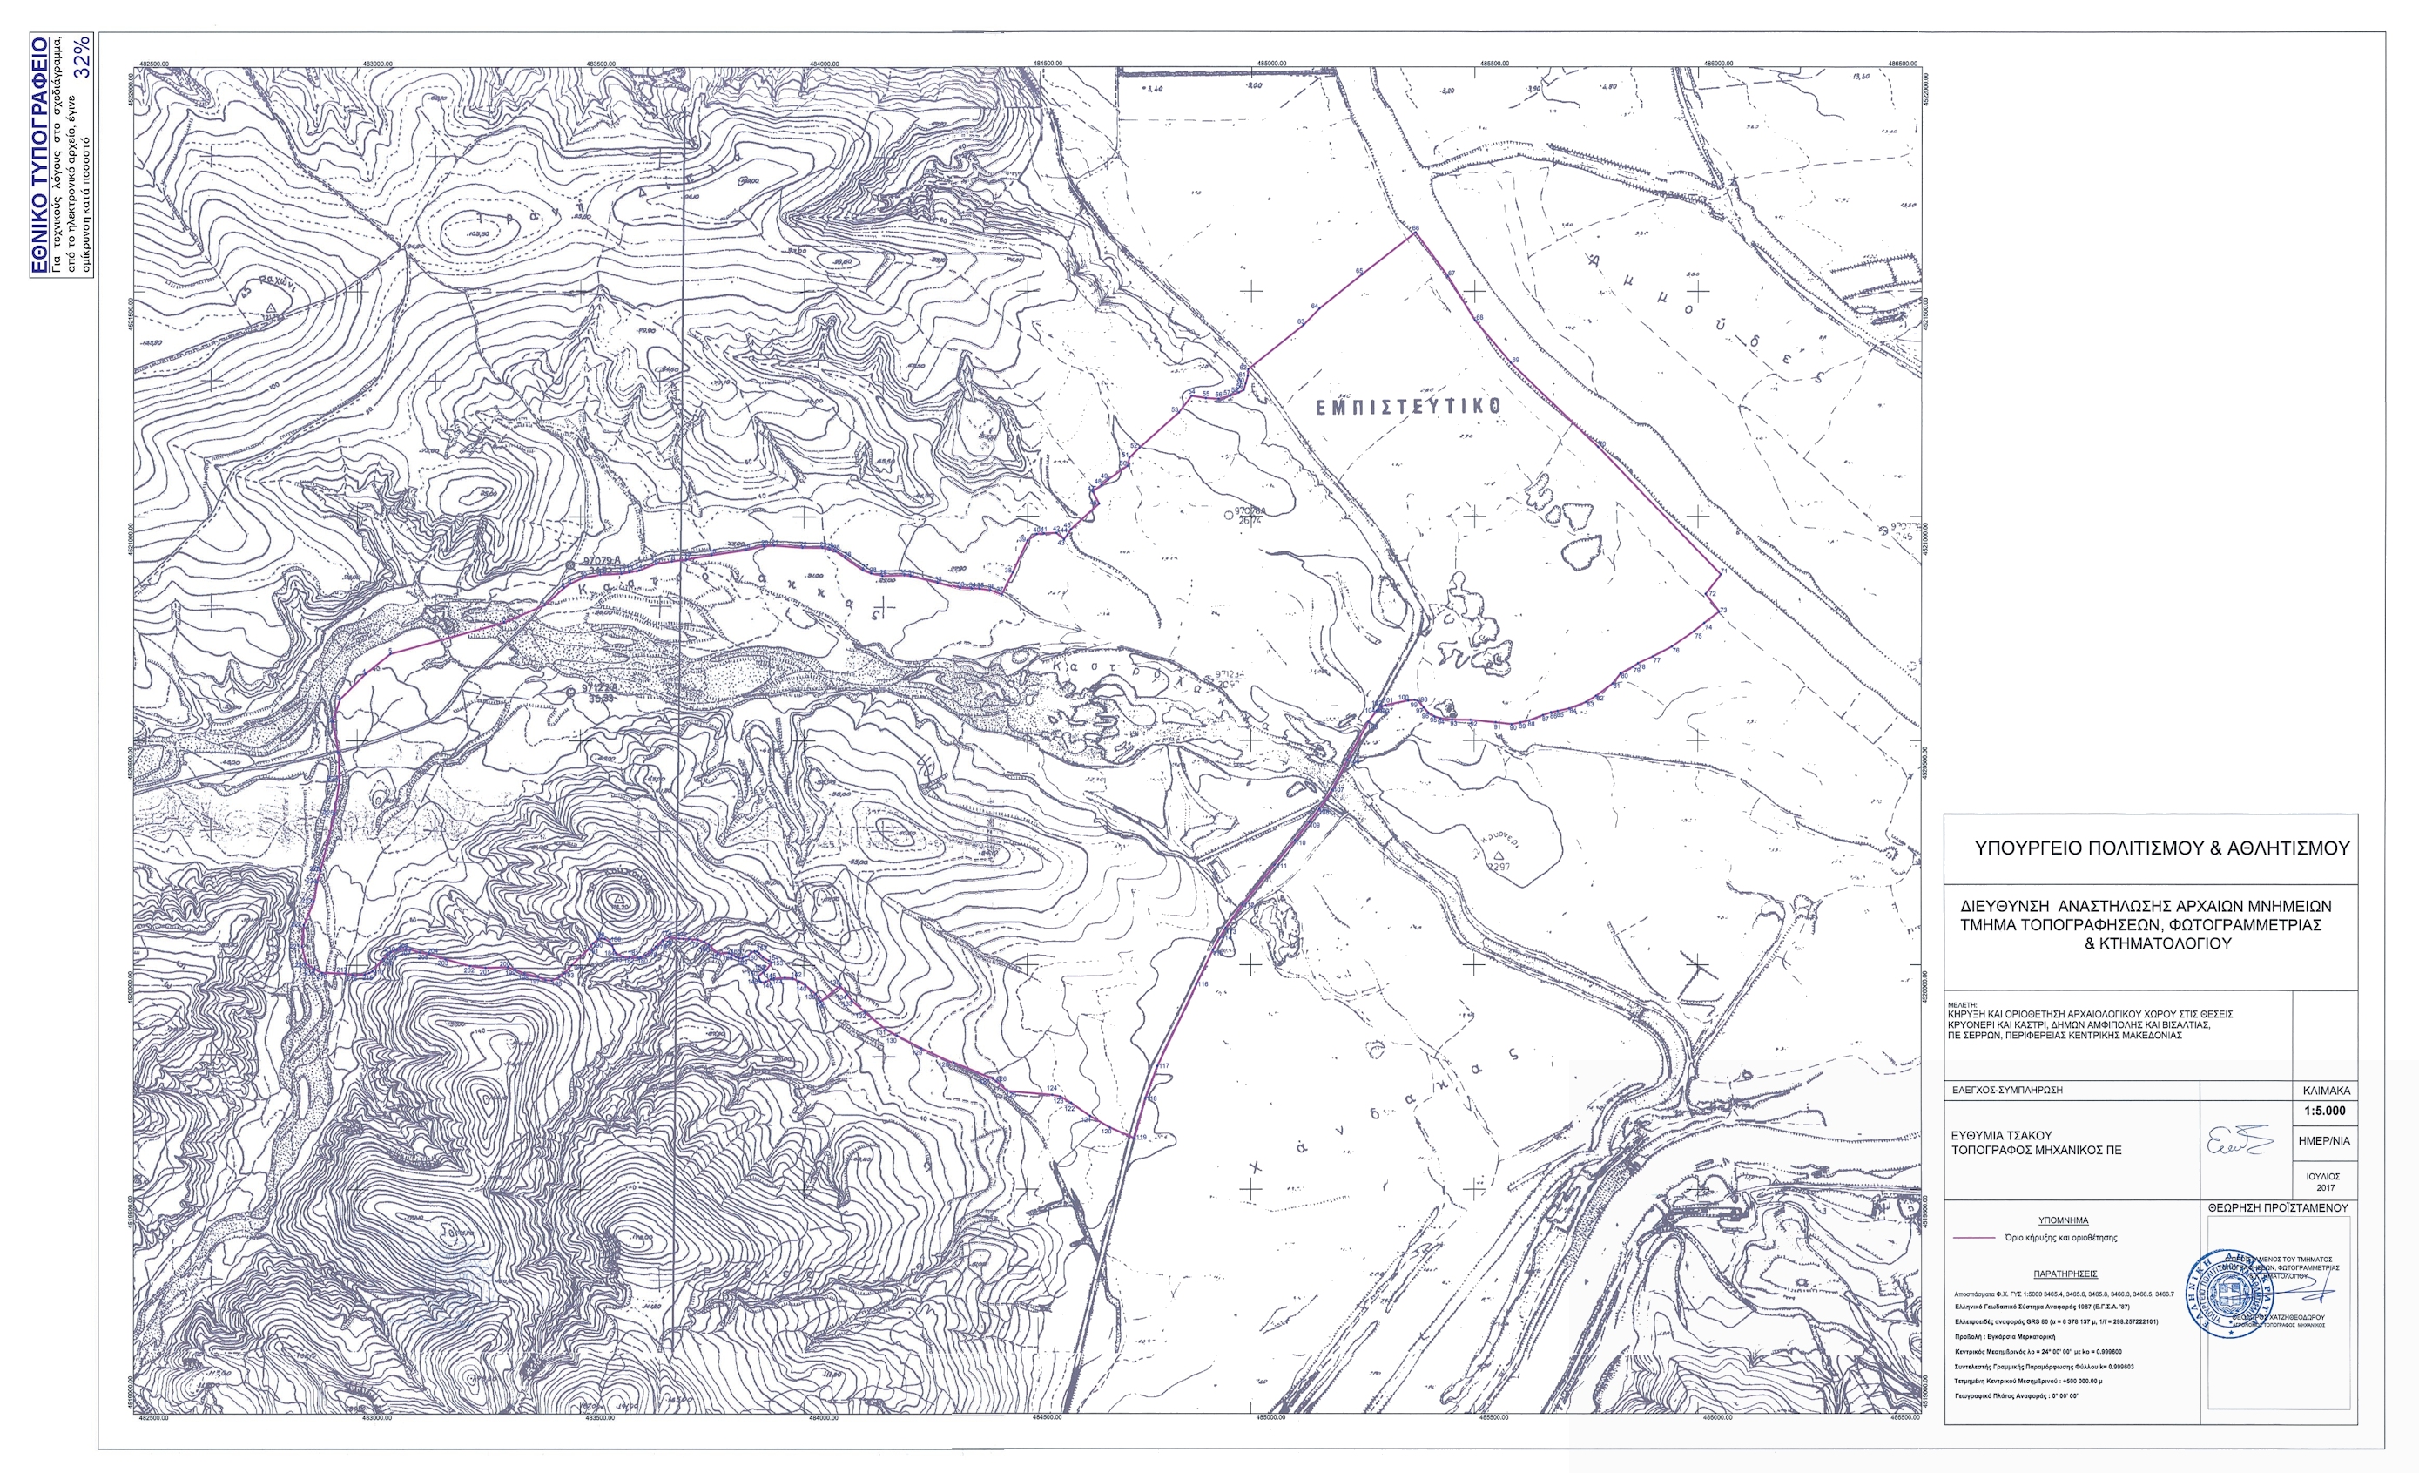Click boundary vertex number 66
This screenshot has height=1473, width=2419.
(1415, 231)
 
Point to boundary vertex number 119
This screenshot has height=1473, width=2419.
(1140, 1137)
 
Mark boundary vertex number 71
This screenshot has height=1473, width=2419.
(1722, 571)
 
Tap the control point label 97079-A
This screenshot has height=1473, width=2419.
(609, 561)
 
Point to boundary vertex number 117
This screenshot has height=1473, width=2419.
(1164, 1066)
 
